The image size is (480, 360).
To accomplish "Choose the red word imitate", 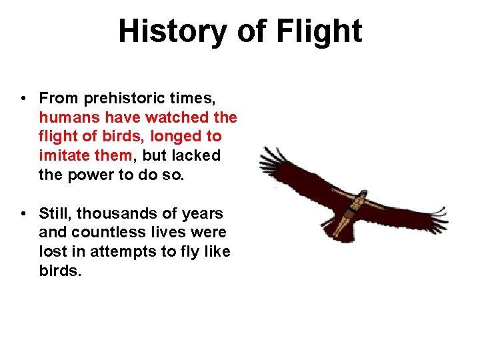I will point(65,155).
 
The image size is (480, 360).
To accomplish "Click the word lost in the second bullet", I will point(51,251).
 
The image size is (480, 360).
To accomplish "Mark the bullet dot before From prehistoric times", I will point(23,99).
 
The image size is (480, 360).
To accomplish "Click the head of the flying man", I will point(363,194).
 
